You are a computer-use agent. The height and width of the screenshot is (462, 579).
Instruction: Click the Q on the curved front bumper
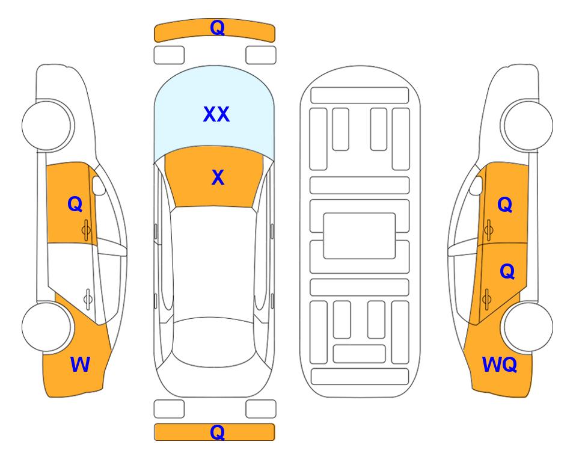217,27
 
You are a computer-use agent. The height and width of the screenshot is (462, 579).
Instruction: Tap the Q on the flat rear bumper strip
217,432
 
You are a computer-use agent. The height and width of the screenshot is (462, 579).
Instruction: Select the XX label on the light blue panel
216,114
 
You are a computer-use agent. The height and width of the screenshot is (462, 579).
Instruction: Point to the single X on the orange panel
218,177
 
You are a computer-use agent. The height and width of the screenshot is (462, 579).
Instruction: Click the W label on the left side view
80,365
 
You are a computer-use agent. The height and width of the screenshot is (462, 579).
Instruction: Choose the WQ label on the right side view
499,365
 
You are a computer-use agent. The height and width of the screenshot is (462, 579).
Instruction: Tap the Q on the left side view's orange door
75,204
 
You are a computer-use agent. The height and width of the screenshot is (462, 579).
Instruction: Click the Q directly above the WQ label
507,271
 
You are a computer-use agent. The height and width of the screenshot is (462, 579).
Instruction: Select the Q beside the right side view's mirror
505,205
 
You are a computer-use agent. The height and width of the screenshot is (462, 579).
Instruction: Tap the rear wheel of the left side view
46,327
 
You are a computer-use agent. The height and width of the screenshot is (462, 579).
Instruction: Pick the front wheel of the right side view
528,125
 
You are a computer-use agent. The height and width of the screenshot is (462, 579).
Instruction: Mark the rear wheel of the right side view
528,327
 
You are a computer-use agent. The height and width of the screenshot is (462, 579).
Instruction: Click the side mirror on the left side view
98,185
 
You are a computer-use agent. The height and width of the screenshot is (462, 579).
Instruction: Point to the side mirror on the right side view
476,185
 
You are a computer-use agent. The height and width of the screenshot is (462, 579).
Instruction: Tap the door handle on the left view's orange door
86,230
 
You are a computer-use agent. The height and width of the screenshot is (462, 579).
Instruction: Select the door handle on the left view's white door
88,299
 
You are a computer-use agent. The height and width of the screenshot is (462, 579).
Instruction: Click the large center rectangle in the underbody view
360,236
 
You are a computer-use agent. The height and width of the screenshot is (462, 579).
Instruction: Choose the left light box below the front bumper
169,55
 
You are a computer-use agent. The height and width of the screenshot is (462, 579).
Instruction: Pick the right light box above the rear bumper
261,409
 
